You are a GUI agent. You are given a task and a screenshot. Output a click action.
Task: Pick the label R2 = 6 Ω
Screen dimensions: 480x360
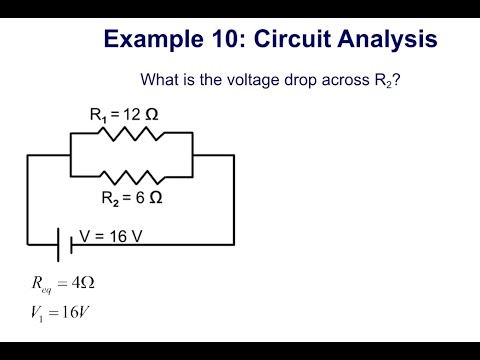point(131,198)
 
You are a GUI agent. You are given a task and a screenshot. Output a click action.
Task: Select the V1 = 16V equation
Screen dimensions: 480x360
point(62,312)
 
